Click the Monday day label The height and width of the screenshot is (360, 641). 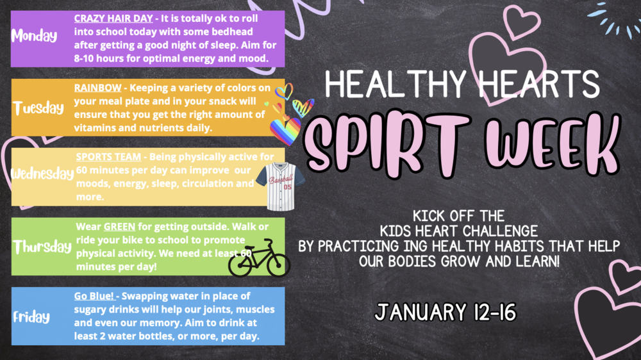pyautogui.click(x=34, y=37)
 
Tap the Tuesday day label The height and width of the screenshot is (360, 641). pyautogui.click(x=39, y=108)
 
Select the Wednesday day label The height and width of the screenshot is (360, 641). pyautogui.click(x=42, y=174)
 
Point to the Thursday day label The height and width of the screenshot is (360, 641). pyautogui.click(x=42, y=247)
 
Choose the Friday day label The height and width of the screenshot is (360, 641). pyautogui.click(x=31, y=316)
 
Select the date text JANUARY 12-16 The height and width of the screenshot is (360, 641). pyautogui.click(x=443, y=313)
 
